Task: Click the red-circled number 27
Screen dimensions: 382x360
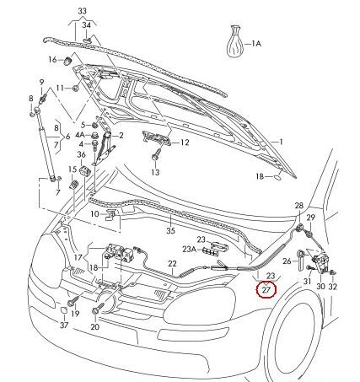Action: click(267, 288)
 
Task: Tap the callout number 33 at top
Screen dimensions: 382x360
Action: click(81, 11)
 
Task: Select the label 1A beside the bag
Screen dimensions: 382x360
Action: click(256, 41)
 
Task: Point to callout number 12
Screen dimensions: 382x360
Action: click(185, 143)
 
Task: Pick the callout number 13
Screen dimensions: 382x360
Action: click(155, 172)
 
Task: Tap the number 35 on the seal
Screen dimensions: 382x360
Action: click(169, 230)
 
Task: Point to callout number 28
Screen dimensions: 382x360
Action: click(298, 207)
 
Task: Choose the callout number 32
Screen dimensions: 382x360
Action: click(333, 288)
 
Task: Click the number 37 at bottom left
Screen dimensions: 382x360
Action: click(65, 325)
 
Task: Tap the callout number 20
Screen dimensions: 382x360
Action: click(95, 325)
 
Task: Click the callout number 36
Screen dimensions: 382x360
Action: click(81, 154)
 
